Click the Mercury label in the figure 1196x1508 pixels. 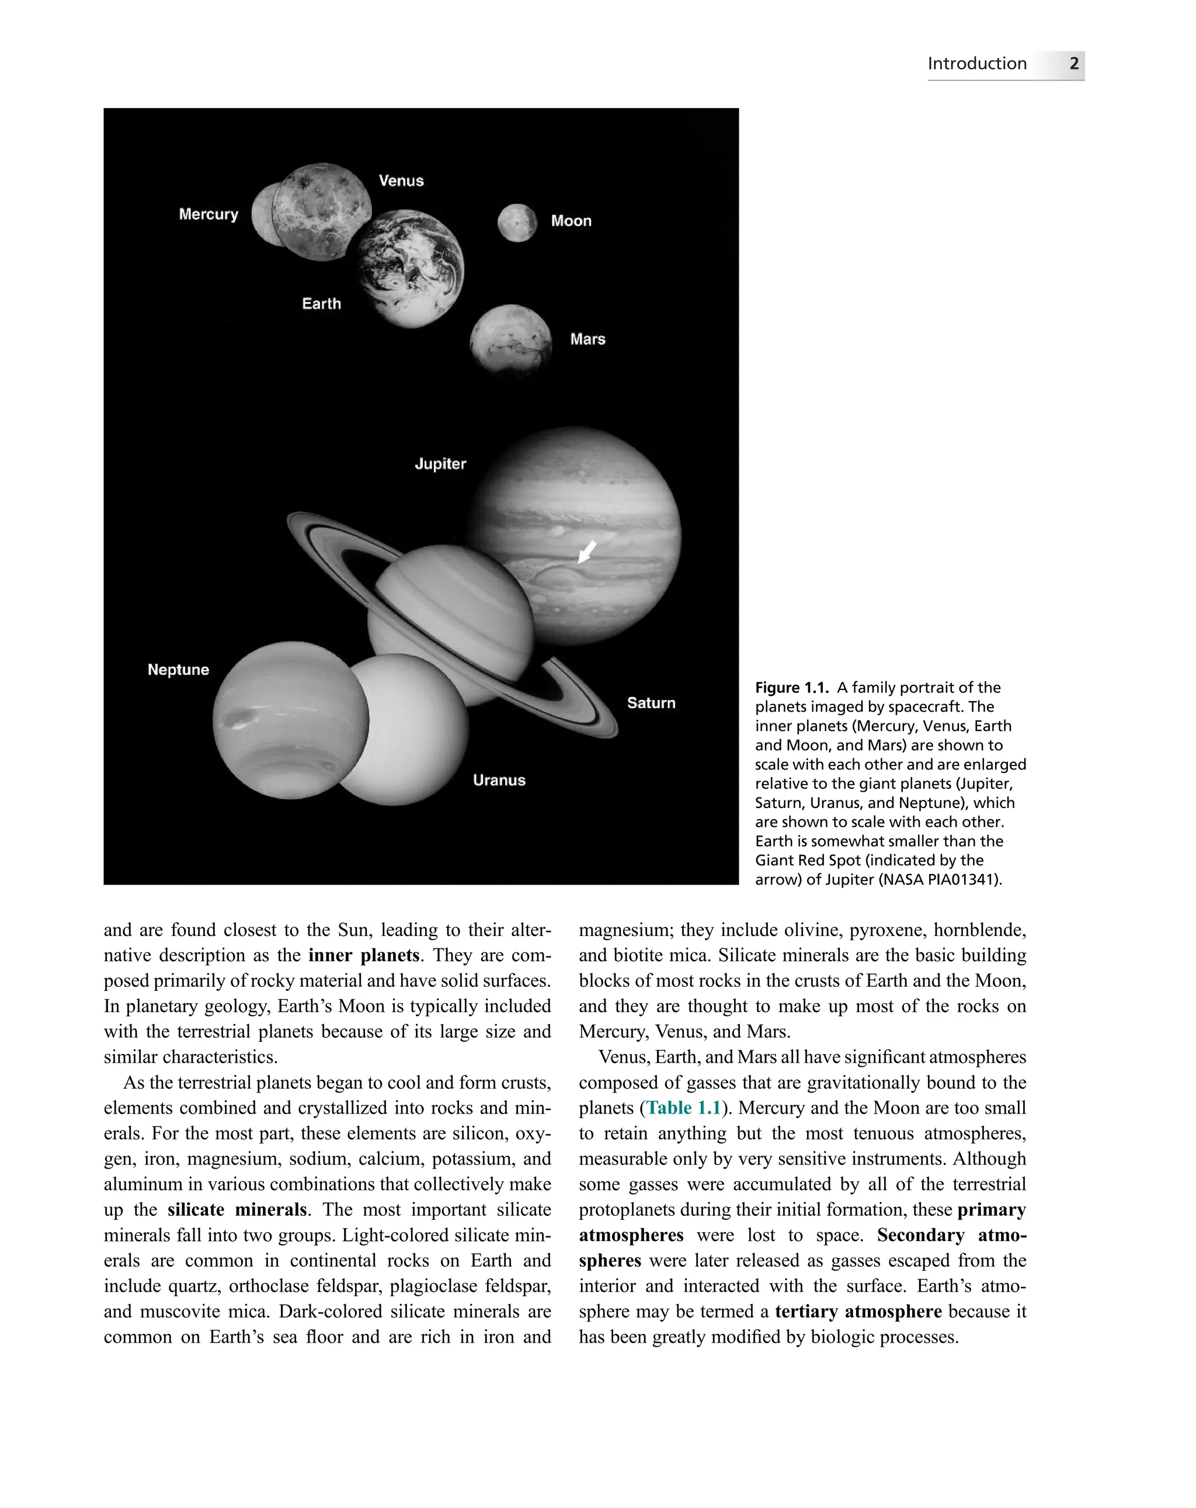point(208,214)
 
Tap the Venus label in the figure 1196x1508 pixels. point(401,181)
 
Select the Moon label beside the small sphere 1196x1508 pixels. point(571,221)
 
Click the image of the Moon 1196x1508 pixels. point(517,223)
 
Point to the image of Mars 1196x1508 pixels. point(510,341)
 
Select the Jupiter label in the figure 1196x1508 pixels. point(440,464)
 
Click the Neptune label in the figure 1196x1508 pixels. point(178,670)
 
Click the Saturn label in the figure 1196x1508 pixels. point(651,703)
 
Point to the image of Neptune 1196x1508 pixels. point(290,720)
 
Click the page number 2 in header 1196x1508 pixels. point(1074,64)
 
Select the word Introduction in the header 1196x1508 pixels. point(976,64)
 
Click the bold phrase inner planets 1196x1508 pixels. point(363,955)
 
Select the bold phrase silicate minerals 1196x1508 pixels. point(237,1209)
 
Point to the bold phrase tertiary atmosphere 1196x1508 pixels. point(858,1312)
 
